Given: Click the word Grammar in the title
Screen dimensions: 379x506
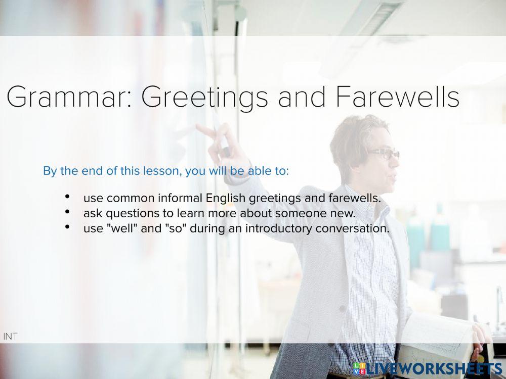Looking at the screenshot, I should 68,98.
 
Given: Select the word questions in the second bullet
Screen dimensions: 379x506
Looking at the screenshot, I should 122,213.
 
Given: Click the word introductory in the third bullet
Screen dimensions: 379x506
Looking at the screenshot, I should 278,228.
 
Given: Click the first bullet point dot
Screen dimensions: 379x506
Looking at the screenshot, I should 67,197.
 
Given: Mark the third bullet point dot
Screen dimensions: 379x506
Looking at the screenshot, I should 67,227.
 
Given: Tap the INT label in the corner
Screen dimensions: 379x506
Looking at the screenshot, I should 10,336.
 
